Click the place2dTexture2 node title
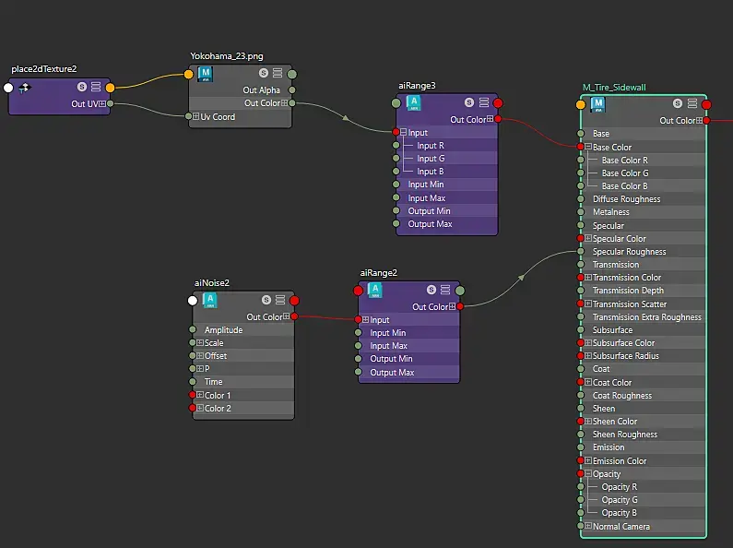(x=44, y=69)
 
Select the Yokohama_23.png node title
(x=226, y=56)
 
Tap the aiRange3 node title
(x=417, y=86)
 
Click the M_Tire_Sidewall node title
(x=614, y=88)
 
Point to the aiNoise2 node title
(x=211, y=283)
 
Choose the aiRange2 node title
(x=379, y=273)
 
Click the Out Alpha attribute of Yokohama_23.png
(x=261, y=90)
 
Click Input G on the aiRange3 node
(x=431, y=159)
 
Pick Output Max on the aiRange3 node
(x=430, y=224)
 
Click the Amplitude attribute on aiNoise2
(x=223, y=329)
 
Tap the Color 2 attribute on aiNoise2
(x=218, y=408)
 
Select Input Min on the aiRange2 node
(x=388, y=333)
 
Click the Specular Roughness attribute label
(x=629, y=252)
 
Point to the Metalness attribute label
(x=611, y=212)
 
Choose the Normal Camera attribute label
(x=621, y=527)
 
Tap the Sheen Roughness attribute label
(x=625, y=435)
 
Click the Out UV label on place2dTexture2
(x=86, y=103)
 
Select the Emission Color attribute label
(x=620, y=461)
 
